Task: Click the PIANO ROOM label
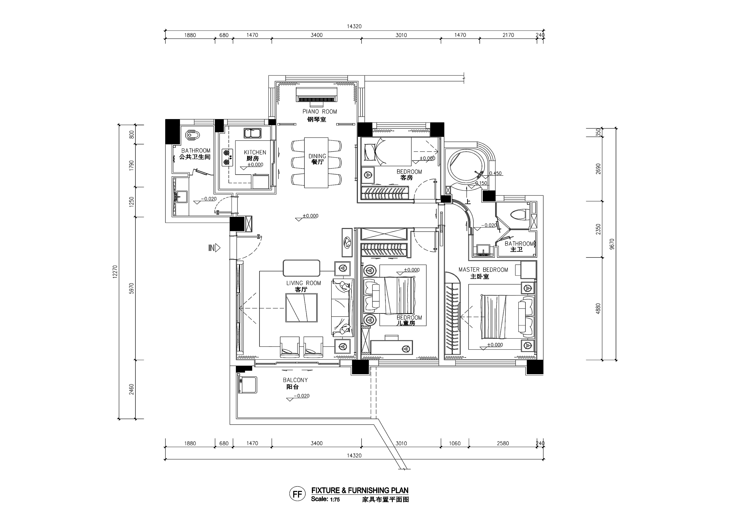pyautogui.click(x=319, y=112)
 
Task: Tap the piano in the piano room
pyautogui.click(x=316, y=95)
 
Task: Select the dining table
pyautogui.click(x=316, y=162)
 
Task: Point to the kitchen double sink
pyautogui.click(x=252, y=133)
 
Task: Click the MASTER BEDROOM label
pyautogui.click(x=483, y=270)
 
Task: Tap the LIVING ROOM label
pyautogui.click(x=304, y=283)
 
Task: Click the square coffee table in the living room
pyautogui.click(x=301, y=308)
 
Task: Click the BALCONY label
pyautogui.click(x=295, y=380)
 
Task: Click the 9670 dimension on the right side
pyautogui.click(x=612, y=244)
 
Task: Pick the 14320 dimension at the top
pyautogui.click(x=354, y=26)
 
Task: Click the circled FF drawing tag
pyautogui.click(x=297, y=494)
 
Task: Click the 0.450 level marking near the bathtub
pyautogui.click(x=495, y=173)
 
